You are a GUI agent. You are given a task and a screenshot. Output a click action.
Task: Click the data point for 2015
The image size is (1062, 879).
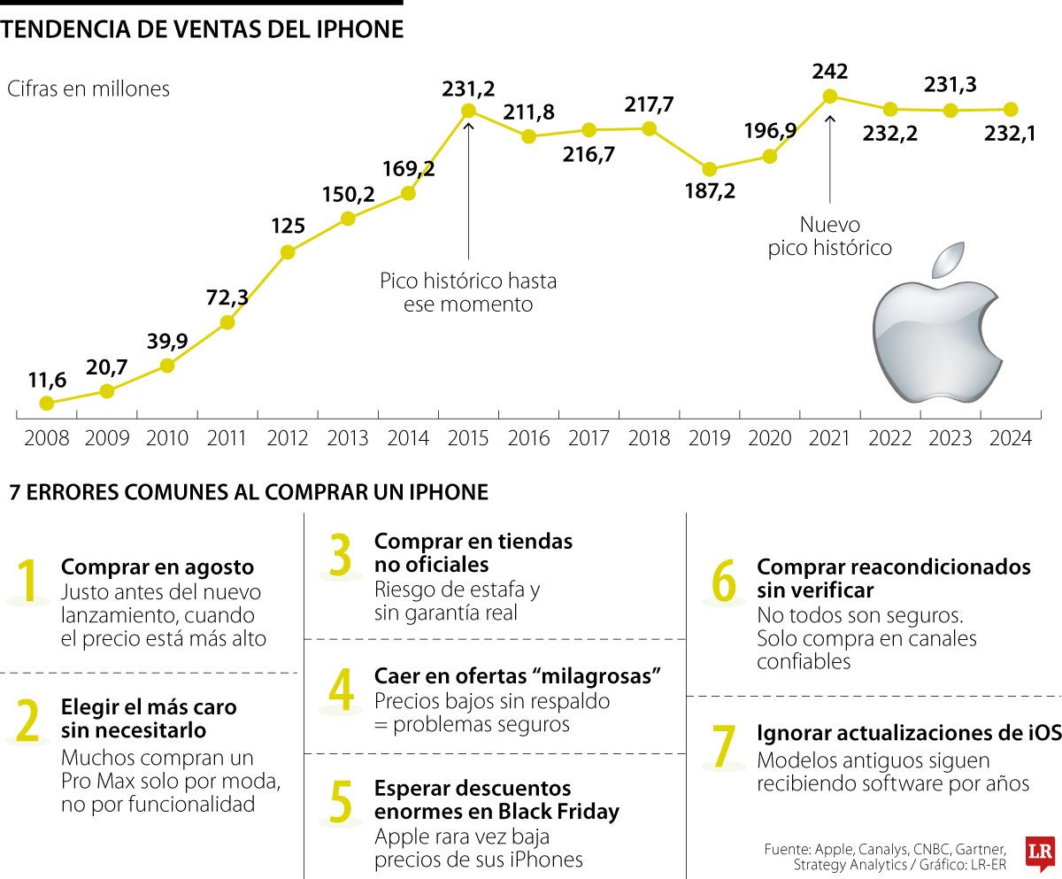pyautogui.click(x=468, y=111)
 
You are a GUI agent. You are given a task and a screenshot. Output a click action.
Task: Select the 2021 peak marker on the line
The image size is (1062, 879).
pyautogui.click(x=829, y=96)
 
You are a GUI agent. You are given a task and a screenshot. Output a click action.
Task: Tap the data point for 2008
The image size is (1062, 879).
pyautogui.click(x=47, y=403)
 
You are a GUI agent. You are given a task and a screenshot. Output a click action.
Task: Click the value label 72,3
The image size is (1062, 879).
pyautogui.click(x=227, y=298)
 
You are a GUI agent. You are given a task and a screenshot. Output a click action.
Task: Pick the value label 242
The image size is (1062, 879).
pyautogui.click(x=829, y=72)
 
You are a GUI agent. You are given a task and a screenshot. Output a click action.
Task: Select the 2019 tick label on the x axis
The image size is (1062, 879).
pyautogui.click(x=709, y=438)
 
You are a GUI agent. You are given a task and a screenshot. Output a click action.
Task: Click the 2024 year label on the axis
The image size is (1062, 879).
pyautogui.click(x=1010, y=438)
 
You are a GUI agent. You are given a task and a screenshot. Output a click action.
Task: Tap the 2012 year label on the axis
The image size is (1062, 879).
pyautogui.click(x=287, y=438)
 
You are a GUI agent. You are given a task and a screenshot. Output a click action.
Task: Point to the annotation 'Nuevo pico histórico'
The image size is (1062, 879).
pyautogui.click(x=829, y=236)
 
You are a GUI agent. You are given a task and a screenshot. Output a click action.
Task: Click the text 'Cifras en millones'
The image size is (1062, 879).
pyautogui.click(x=88, y=89)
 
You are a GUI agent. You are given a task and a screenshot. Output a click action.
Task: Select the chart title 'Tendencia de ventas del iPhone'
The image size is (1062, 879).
pyautogui.click(x=203, y=30)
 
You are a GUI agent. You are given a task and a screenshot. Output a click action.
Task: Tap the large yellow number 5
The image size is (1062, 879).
pyautogui.click(x=341, y=801)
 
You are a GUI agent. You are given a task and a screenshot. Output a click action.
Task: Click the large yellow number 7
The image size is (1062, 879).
pyautogui.click(x=724, y=747)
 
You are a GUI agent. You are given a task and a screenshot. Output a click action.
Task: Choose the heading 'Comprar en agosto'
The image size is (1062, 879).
pyautogui.click(x=157, y=567)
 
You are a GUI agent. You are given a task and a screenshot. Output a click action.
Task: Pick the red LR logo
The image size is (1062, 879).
pyautogui.click(x=1038, y=852)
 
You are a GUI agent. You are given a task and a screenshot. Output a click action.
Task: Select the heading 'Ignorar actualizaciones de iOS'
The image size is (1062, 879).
pyautogui.click(x=908, y=734)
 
